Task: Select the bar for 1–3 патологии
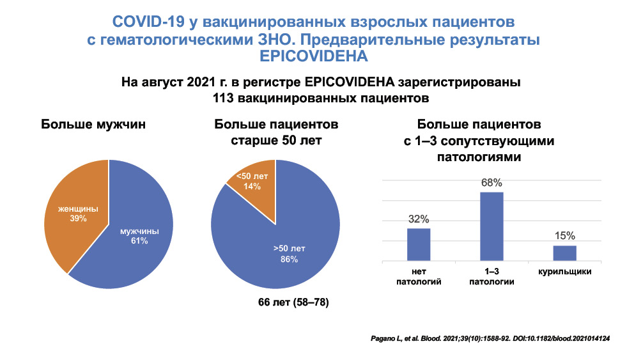(492, 226)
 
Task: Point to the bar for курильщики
(565, 253)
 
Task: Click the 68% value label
(492, 184)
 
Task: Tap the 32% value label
(419, 219)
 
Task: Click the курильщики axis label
(564, 272)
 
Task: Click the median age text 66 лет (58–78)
(289, 302)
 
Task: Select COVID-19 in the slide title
(148, 22)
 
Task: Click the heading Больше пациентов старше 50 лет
(276, 131)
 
